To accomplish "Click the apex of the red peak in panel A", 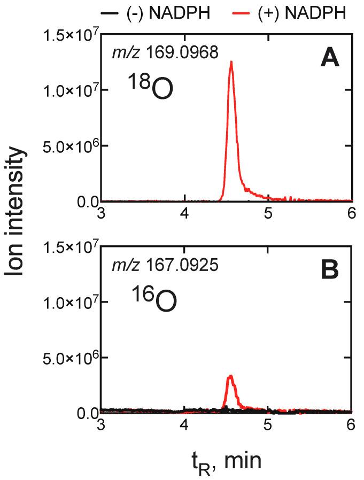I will click(x=231, y=61).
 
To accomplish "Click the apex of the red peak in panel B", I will click(x=230, y=376).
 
